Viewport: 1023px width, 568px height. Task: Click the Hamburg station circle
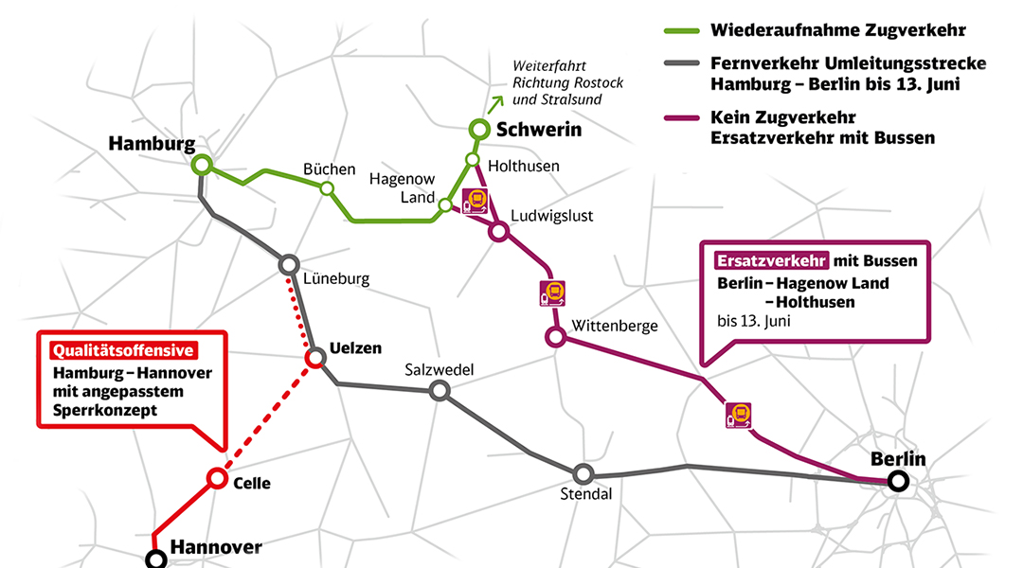coord(201,166)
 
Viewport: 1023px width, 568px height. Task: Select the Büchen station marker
coord(327,188)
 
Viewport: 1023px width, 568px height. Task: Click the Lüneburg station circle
coord(290,263)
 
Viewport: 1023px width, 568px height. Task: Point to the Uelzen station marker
coord(315,358)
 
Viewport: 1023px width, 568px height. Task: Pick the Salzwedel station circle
coord(440,390)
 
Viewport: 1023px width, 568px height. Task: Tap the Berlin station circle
coord(898,482)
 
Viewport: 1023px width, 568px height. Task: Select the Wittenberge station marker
coord(555,336)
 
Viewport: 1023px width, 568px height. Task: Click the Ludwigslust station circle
coord(498,231)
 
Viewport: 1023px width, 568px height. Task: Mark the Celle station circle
coord(217,478)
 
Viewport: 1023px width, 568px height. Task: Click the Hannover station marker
coord(156,559)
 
